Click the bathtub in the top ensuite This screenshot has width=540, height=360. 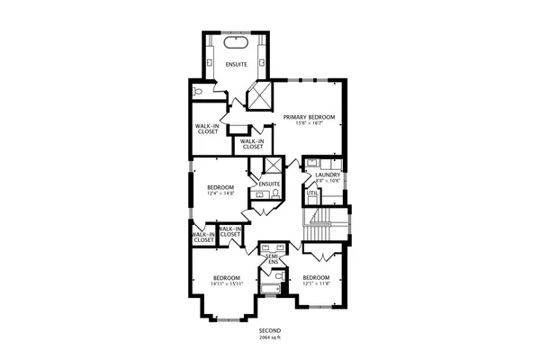click(x=236, y=42)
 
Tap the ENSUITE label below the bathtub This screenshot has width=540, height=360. click(x=236, y=64)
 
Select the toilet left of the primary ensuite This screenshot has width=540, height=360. click(x=197, y=91)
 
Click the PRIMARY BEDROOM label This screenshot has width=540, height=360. click(x=309, y=117)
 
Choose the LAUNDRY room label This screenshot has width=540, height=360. click(x=328, y=175)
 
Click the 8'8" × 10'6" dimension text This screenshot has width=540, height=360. click(x=328, y=181)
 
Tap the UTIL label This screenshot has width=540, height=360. click(x=312, y=193)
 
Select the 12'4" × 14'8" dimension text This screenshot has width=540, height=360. click(x=220, y=193)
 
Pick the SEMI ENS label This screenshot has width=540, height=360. click(x=271, y=259)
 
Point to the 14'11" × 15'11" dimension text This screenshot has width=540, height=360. click(x=226, y=283)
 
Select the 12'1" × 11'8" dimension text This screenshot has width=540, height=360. click(x=316, y=283)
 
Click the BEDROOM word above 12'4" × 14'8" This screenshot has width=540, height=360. click(x=220, y=187)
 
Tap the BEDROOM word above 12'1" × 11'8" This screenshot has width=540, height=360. click(x=316, y=277)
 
